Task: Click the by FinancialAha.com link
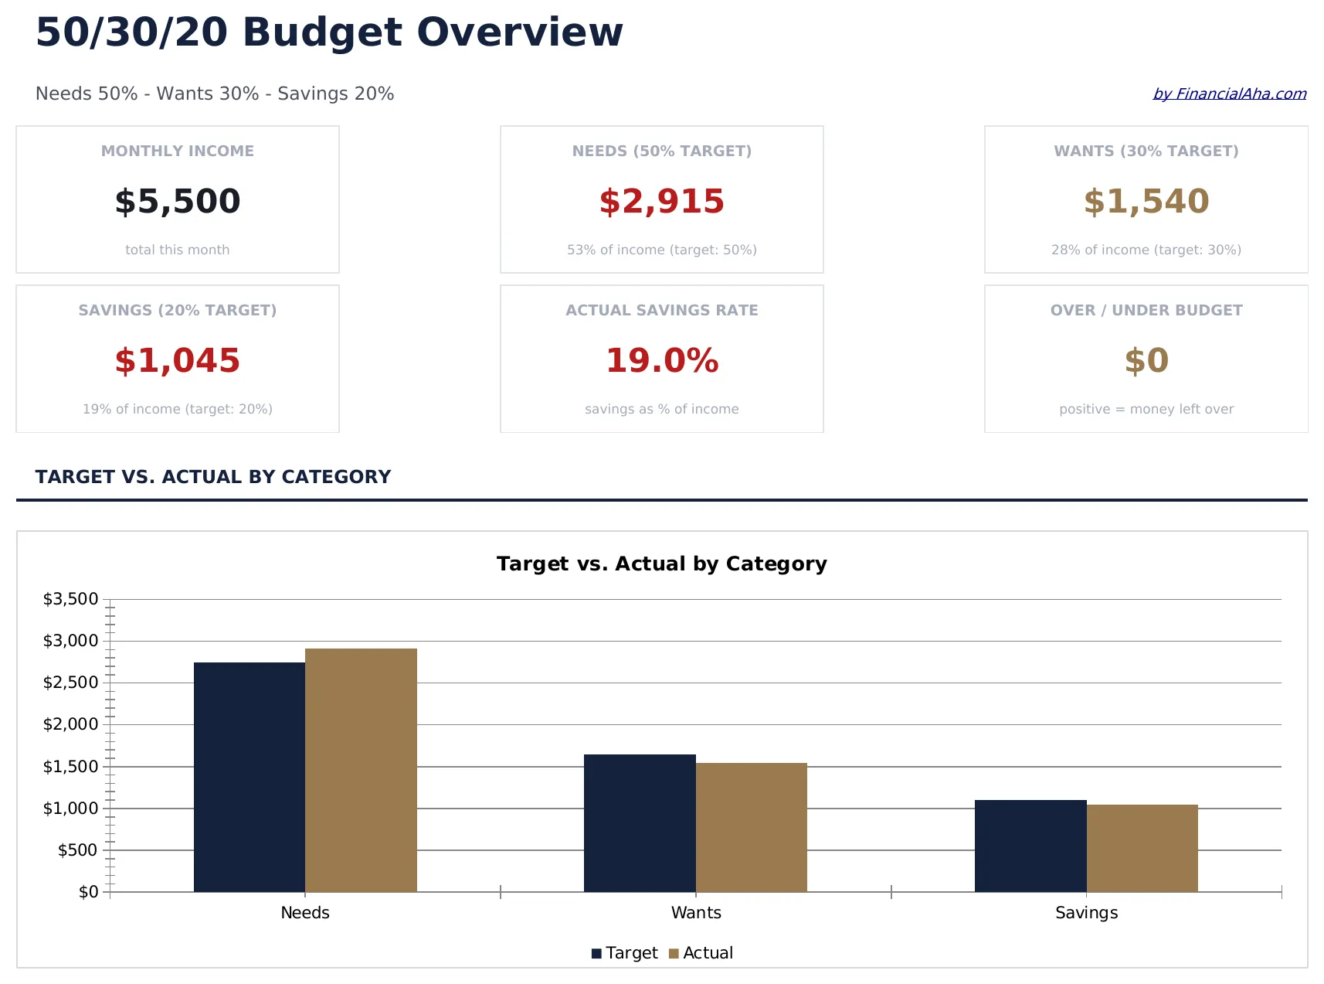(x=1229, y=94)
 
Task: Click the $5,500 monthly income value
(x=178, y=202)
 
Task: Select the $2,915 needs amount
(x=661, y=202)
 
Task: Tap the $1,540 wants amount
(x=1146, y=202)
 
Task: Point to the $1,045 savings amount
(x=178, y=361)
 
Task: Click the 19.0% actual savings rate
(x=661, y=361)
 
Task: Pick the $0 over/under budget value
(x=1146, y=361)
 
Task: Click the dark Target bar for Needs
(x=250, y=777)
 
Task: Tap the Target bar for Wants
(x=640, y=823)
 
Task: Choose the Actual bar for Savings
(x=1142, y=848)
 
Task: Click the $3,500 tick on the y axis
(x=71, y=599)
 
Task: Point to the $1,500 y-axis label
(x=71, y=767)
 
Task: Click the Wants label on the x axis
(x=696, y=913)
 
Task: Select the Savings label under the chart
(x=1086, y=913)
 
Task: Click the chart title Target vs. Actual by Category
(x=661, y=564)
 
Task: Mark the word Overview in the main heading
(x=519, y=32)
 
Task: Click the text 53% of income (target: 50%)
(x=661, y=250)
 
